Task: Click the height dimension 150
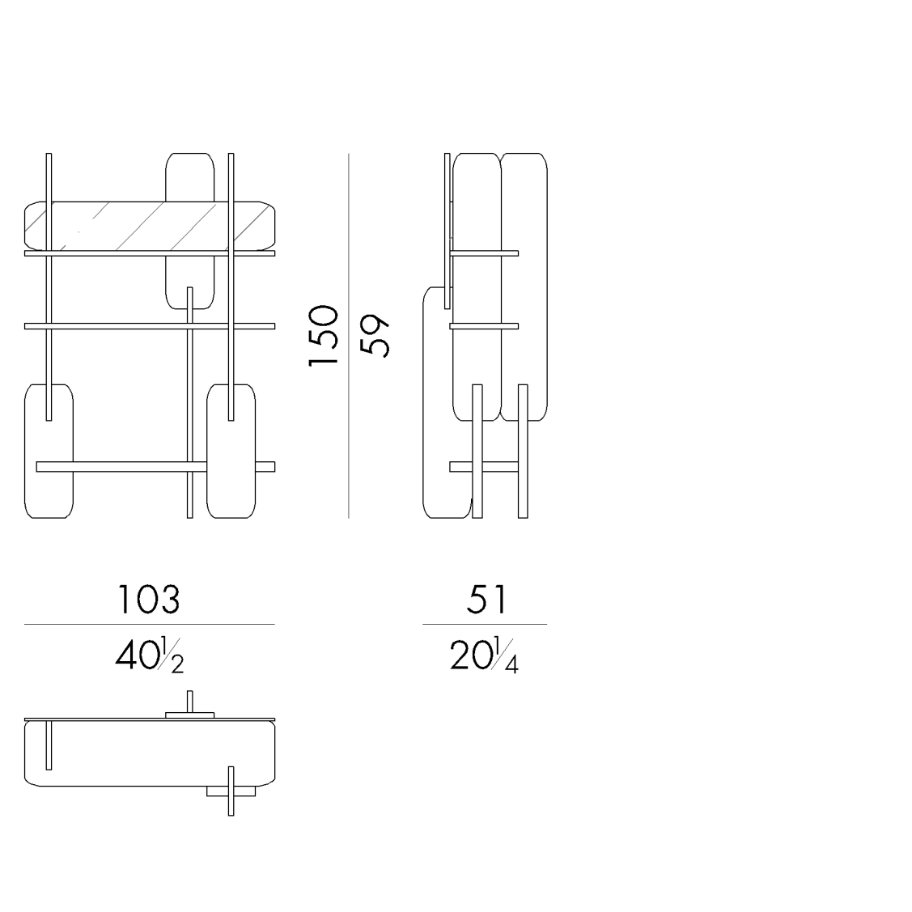(x=323, y=336)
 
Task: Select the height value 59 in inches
(x=375, y=335)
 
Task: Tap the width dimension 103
(x=149, y=600)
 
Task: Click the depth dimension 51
(x=486, y=600)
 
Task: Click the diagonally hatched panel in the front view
(x=146, y=225)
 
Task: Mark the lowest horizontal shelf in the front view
(x=121, y=466)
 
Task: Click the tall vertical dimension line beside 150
(x=349, y=405)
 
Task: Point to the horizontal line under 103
(x=149, y=624)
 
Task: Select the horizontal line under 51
(x=484, y=624)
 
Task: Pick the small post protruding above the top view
(x=190, y=700)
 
